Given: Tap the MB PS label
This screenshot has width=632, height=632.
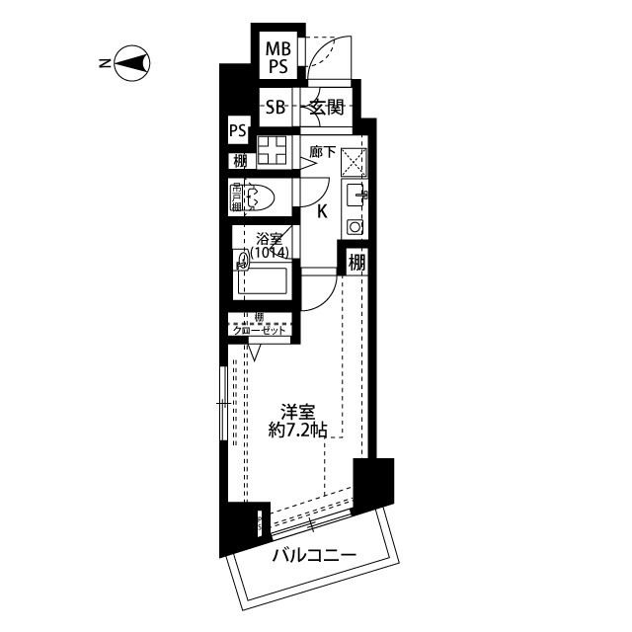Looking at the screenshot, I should [276, 57].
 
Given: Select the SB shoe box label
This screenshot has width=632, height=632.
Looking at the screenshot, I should [275, 109].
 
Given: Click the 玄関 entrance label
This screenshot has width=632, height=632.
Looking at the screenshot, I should [326, 109].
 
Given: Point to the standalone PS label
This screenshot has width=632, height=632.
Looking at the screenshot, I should [237, 130].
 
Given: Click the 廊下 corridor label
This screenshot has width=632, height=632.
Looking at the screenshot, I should [322, 152].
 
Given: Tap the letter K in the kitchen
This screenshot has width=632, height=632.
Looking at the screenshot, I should [322, 209].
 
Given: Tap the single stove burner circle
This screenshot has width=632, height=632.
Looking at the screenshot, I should [355, 227].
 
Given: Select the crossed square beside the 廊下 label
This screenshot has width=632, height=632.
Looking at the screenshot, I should [355, 161].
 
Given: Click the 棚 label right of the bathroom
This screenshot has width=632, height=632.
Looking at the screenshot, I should [355, 264].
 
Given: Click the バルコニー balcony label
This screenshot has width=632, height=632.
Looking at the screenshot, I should [314, 558].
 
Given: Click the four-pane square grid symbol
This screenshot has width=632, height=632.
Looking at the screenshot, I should [272, 154].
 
